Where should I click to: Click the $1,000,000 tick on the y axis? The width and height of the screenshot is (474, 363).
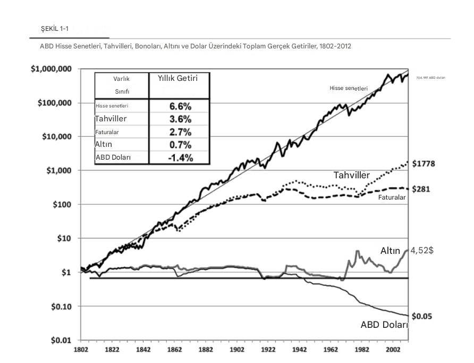tap(52, 69)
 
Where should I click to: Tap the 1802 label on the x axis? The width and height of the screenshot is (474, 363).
tap(80, 350)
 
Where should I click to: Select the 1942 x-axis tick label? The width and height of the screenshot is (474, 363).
tap(300, 350)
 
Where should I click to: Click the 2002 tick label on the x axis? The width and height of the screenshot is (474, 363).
tap(394, 350)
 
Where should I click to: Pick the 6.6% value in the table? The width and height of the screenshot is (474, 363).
tap(180, 106)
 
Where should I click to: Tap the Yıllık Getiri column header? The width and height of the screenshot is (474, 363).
tap(177, 79)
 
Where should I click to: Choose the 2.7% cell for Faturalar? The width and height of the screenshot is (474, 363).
tap(180, 132)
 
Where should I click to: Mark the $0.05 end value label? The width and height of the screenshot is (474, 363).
tap(422, 316)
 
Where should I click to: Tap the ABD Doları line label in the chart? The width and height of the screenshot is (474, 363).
tap(384, 325)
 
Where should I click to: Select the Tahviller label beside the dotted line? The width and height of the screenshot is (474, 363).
tap(351, 175)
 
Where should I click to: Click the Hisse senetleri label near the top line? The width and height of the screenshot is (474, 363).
tap(349, 88)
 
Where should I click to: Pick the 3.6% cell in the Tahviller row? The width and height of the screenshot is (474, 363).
tap(180, 119)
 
